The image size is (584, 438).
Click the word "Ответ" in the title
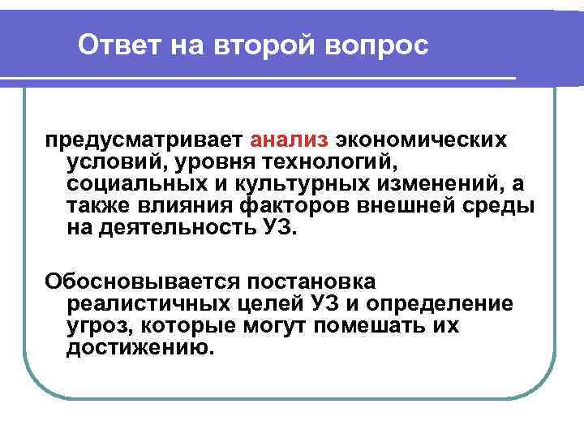click(119, 45)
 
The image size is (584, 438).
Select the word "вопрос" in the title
click(376, 45)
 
